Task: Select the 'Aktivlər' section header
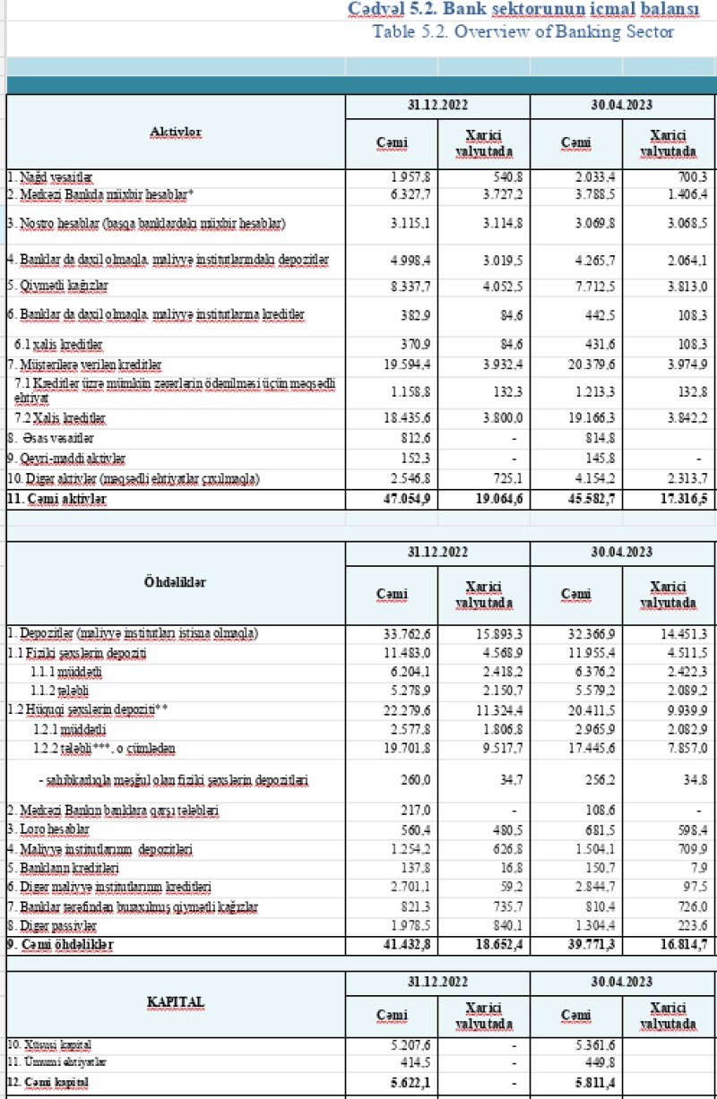point(176,131)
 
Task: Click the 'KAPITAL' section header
point(176,1000)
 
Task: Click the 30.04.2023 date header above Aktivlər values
point(622,105)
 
